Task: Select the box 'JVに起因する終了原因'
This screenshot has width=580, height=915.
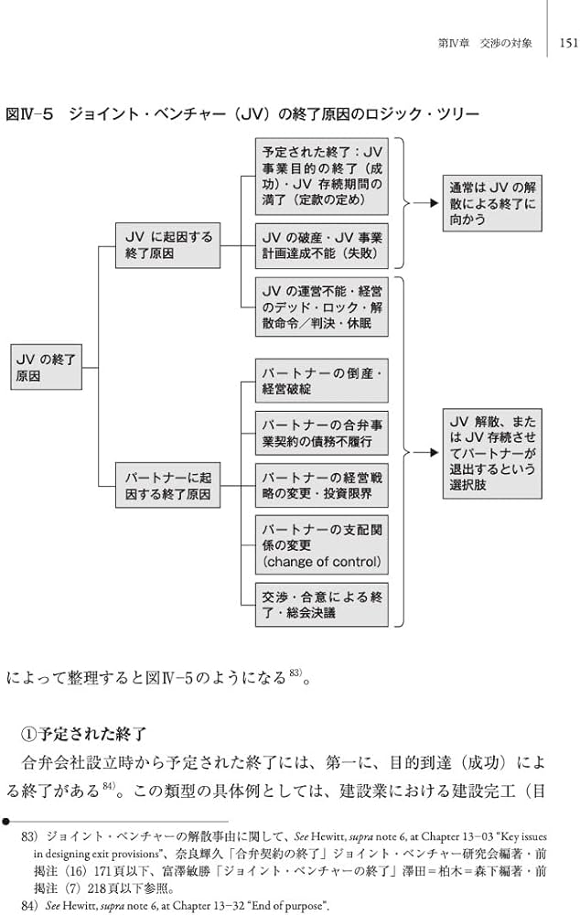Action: pyautogui.click(x=167, y=244)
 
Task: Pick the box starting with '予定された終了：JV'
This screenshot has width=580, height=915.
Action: pyautogui.click(x=321, y=176)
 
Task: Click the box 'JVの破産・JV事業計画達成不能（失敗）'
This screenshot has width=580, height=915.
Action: pyautogui.click(x=321, y=244)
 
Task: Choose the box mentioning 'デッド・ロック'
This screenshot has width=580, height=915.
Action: pyautogui.click(x=321, y=306)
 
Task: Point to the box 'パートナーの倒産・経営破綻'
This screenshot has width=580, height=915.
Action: pyautogui.click(x=321, y=381)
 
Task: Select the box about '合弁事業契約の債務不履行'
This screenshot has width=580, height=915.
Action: pyautogui.click(x=321, y=434)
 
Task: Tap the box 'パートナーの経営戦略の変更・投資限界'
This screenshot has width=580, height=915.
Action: pyautogui.click(x=321, y=486)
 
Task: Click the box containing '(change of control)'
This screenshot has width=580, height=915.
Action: pyautogui.click(x=321, y=545)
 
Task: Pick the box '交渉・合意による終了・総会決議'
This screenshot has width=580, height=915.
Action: pyautogui.click(x=321, y=604)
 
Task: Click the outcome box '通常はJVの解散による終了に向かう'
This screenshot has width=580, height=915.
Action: pyautogui.click(x=492, y=203)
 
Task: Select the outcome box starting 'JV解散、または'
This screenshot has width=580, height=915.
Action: pyautogui.click(x=492, y=453)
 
